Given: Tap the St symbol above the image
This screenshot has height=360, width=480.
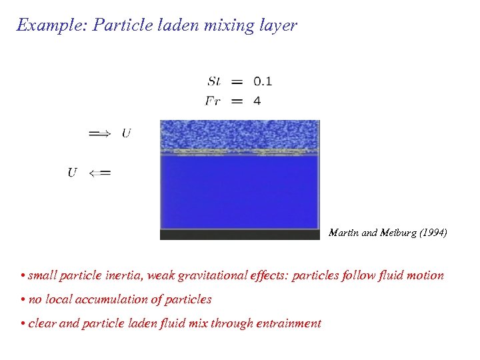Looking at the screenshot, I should pyautogui.click(x=215, y=81).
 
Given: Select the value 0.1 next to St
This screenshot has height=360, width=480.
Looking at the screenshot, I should pyautogui.click(x=263, y=81).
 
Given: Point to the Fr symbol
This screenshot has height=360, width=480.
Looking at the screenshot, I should pyautogui.click(x=213, y=101).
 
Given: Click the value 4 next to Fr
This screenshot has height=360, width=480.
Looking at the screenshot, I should pyautogui.click(x=257, y=101).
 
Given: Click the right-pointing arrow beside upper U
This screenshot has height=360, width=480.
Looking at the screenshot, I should pyautogui.click(x=100, y=133).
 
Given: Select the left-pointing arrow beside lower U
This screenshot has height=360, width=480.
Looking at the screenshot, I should pyautogui.click(x=100, y=173).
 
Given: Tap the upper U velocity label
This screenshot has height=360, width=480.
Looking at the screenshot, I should pyautogui.click(x=126, y=133).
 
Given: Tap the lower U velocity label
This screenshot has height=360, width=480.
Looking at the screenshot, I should pyautogui.click(x=73, y=173).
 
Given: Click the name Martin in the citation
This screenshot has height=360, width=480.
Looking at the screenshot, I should pyautogui.click(x=343, y=233).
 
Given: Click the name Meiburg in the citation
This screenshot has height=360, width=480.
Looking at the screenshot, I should pyautogui.click(x=394, y=233).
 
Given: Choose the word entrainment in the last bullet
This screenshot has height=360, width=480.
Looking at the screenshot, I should pyautogui.click(x=290, y=323).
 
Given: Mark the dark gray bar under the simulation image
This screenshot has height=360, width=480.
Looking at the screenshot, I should pyautogui.click(x=240, y=235).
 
